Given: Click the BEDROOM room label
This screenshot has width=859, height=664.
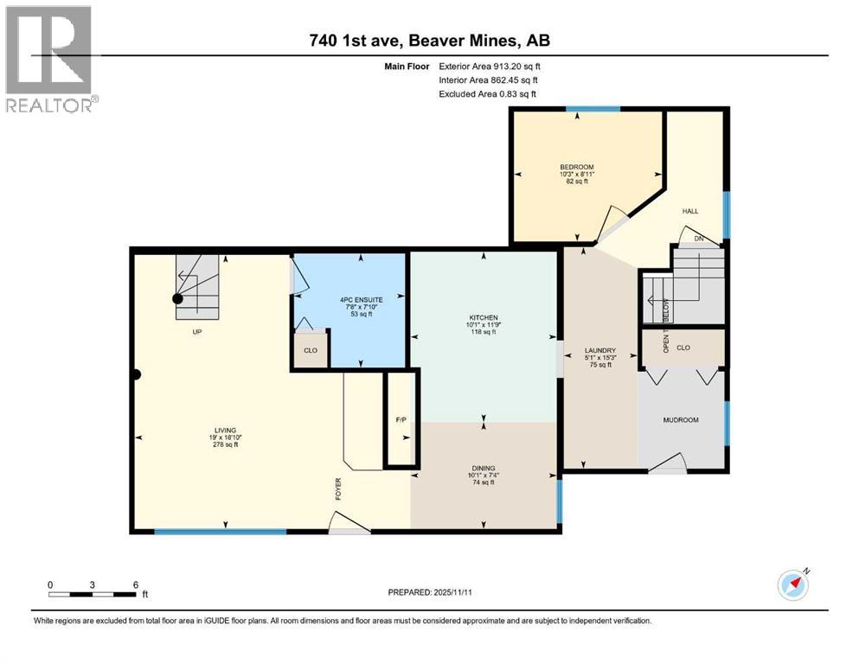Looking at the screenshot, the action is pyautogui.click(x=576, y=167).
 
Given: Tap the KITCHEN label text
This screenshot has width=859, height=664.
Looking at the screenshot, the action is pyautogui.click(x=484, y=317).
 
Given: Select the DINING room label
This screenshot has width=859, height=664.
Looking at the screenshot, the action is pyautogui.click(x=484, y=468).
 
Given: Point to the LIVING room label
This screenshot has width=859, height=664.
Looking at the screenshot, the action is pyautogui.click(x=225, y=431).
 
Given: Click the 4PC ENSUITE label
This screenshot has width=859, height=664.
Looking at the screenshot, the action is pyautogui.click(x=362, y=300).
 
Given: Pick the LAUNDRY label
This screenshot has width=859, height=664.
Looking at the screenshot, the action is pyautogui.click(x=600, y=350).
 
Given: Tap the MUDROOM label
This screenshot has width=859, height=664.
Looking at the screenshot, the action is pyautogui.click(x=681, y=420).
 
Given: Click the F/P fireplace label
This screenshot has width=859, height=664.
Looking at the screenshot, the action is pyautogui.click(x=401, y=420).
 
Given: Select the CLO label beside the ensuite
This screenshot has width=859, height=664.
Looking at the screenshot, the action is pyautogui.click(x=311, y=350).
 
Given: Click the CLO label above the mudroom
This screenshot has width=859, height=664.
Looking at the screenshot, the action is pyautogui.click(x=683, y=348).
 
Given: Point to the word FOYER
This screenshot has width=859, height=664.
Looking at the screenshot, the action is pyautogui.click(x=338, y=488).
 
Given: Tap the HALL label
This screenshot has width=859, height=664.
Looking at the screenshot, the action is pyautogui.click(x=690, y=211).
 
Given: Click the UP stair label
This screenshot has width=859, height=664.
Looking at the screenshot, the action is pyautogui.click(x=197, y=332).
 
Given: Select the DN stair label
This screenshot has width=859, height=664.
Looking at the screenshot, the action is pyautogui.click(x=698, y=239).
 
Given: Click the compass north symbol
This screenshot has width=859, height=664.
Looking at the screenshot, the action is pyautogui.click(x=793, y=584).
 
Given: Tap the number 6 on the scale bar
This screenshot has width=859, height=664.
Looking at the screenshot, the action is pyautogui.click(x=136, y=584).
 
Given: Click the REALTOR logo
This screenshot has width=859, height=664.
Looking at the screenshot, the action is pyautogui.click(x=49, y=59).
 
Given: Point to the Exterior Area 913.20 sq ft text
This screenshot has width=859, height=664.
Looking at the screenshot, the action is pyautogui.click(x=490, y=67).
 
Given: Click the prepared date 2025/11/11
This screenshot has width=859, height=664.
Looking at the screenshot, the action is pyautogui.click(x=452, y=592).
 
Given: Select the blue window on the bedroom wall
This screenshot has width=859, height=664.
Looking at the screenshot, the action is pyautogui.click(x=593, y=109).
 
